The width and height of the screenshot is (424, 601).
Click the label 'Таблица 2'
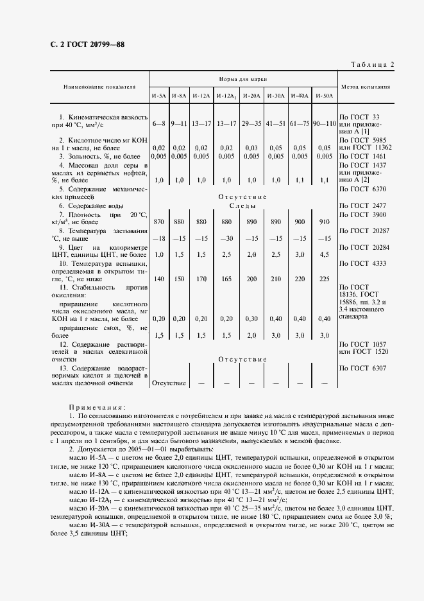[373, 64]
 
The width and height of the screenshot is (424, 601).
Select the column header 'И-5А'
[158, 96]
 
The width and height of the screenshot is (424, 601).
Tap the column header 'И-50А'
[325, 96]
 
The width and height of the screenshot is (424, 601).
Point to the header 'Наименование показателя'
[99, 85]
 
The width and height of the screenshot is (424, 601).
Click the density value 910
[325, 221]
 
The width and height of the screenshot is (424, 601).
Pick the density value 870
[159, 221]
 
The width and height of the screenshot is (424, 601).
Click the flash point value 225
[325, 279]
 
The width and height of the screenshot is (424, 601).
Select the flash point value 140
[159, 279]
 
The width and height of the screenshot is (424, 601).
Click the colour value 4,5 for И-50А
[325, 254]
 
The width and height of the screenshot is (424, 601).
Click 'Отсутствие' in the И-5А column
[169, 383]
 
